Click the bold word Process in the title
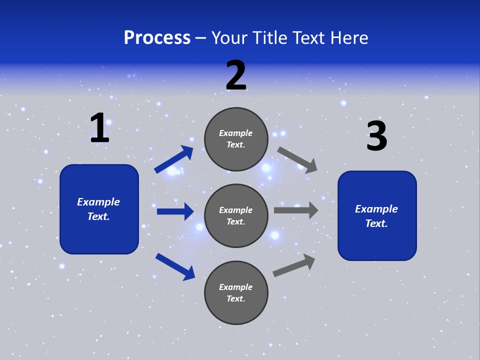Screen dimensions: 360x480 (x=157, y=38)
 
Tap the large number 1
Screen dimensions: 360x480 (x=99, y=128)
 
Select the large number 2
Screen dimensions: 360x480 (x=236, y=75)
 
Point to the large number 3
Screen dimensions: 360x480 (x=377, y=136)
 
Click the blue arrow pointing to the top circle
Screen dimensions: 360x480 (x=174, y=159)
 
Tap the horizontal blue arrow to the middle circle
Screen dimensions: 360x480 (x=175, y=211)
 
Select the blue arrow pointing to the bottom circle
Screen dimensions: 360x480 (x=175, y=266)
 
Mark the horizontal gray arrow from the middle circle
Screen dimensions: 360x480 (x=296, y=210)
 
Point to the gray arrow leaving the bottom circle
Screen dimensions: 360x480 (x=294, y=265)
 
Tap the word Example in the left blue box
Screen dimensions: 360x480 (x=98, y=202)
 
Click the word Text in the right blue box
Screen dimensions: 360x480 (x=376, y=223)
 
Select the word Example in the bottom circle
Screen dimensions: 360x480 (x=236, y=287)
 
